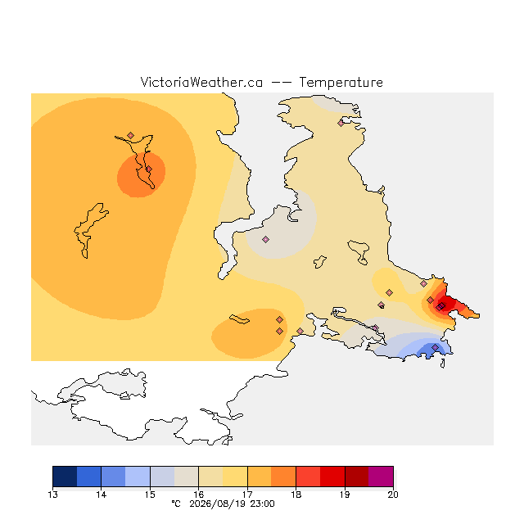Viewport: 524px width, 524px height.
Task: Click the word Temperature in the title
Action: click(341, 82)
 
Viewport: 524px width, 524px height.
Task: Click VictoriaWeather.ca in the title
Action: click(201, 82)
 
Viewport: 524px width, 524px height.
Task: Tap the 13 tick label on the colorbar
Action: click(52, 495)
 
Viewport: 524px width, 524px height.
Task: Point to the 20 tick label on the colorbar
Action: click(393, 495)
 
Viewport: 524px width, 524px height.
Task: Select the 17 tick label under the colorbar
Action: click(247, 495)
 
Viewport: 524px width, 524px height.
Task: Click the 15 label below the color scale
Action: click(150, 495)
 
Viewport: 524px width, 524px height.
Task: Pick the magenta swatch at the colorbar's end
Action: click(381, 477)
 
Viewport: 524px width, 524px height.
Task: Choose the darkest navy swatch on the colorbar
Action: click(65, 477)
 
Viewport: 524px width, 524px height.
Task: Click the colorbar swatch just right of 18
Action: click(308, 477)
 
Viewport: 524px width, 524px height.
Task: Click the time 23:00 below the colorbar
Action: click(262, 504)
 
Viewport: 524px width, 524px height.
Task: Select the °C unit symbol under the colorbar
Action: click(176, 504)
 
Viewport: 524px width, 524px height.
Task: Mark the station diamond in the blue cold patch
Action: click(435, 347)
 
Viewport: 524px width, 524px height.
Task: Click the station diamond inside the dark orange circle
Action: click(149, 169)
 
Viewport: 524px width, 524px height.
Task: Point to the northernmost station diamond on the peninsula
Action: click(341, 124)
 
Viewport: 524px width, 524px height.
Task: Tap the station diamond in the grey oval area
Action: click(265, 239)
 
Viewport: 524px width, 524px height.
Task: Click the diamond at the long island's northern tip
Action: click(131, 135)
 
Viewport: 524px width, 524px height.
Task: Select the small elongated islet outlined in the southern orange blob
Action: click(239, 319)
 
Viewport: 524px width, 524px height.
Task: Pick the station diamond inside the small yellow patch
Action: click(389, 293)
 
